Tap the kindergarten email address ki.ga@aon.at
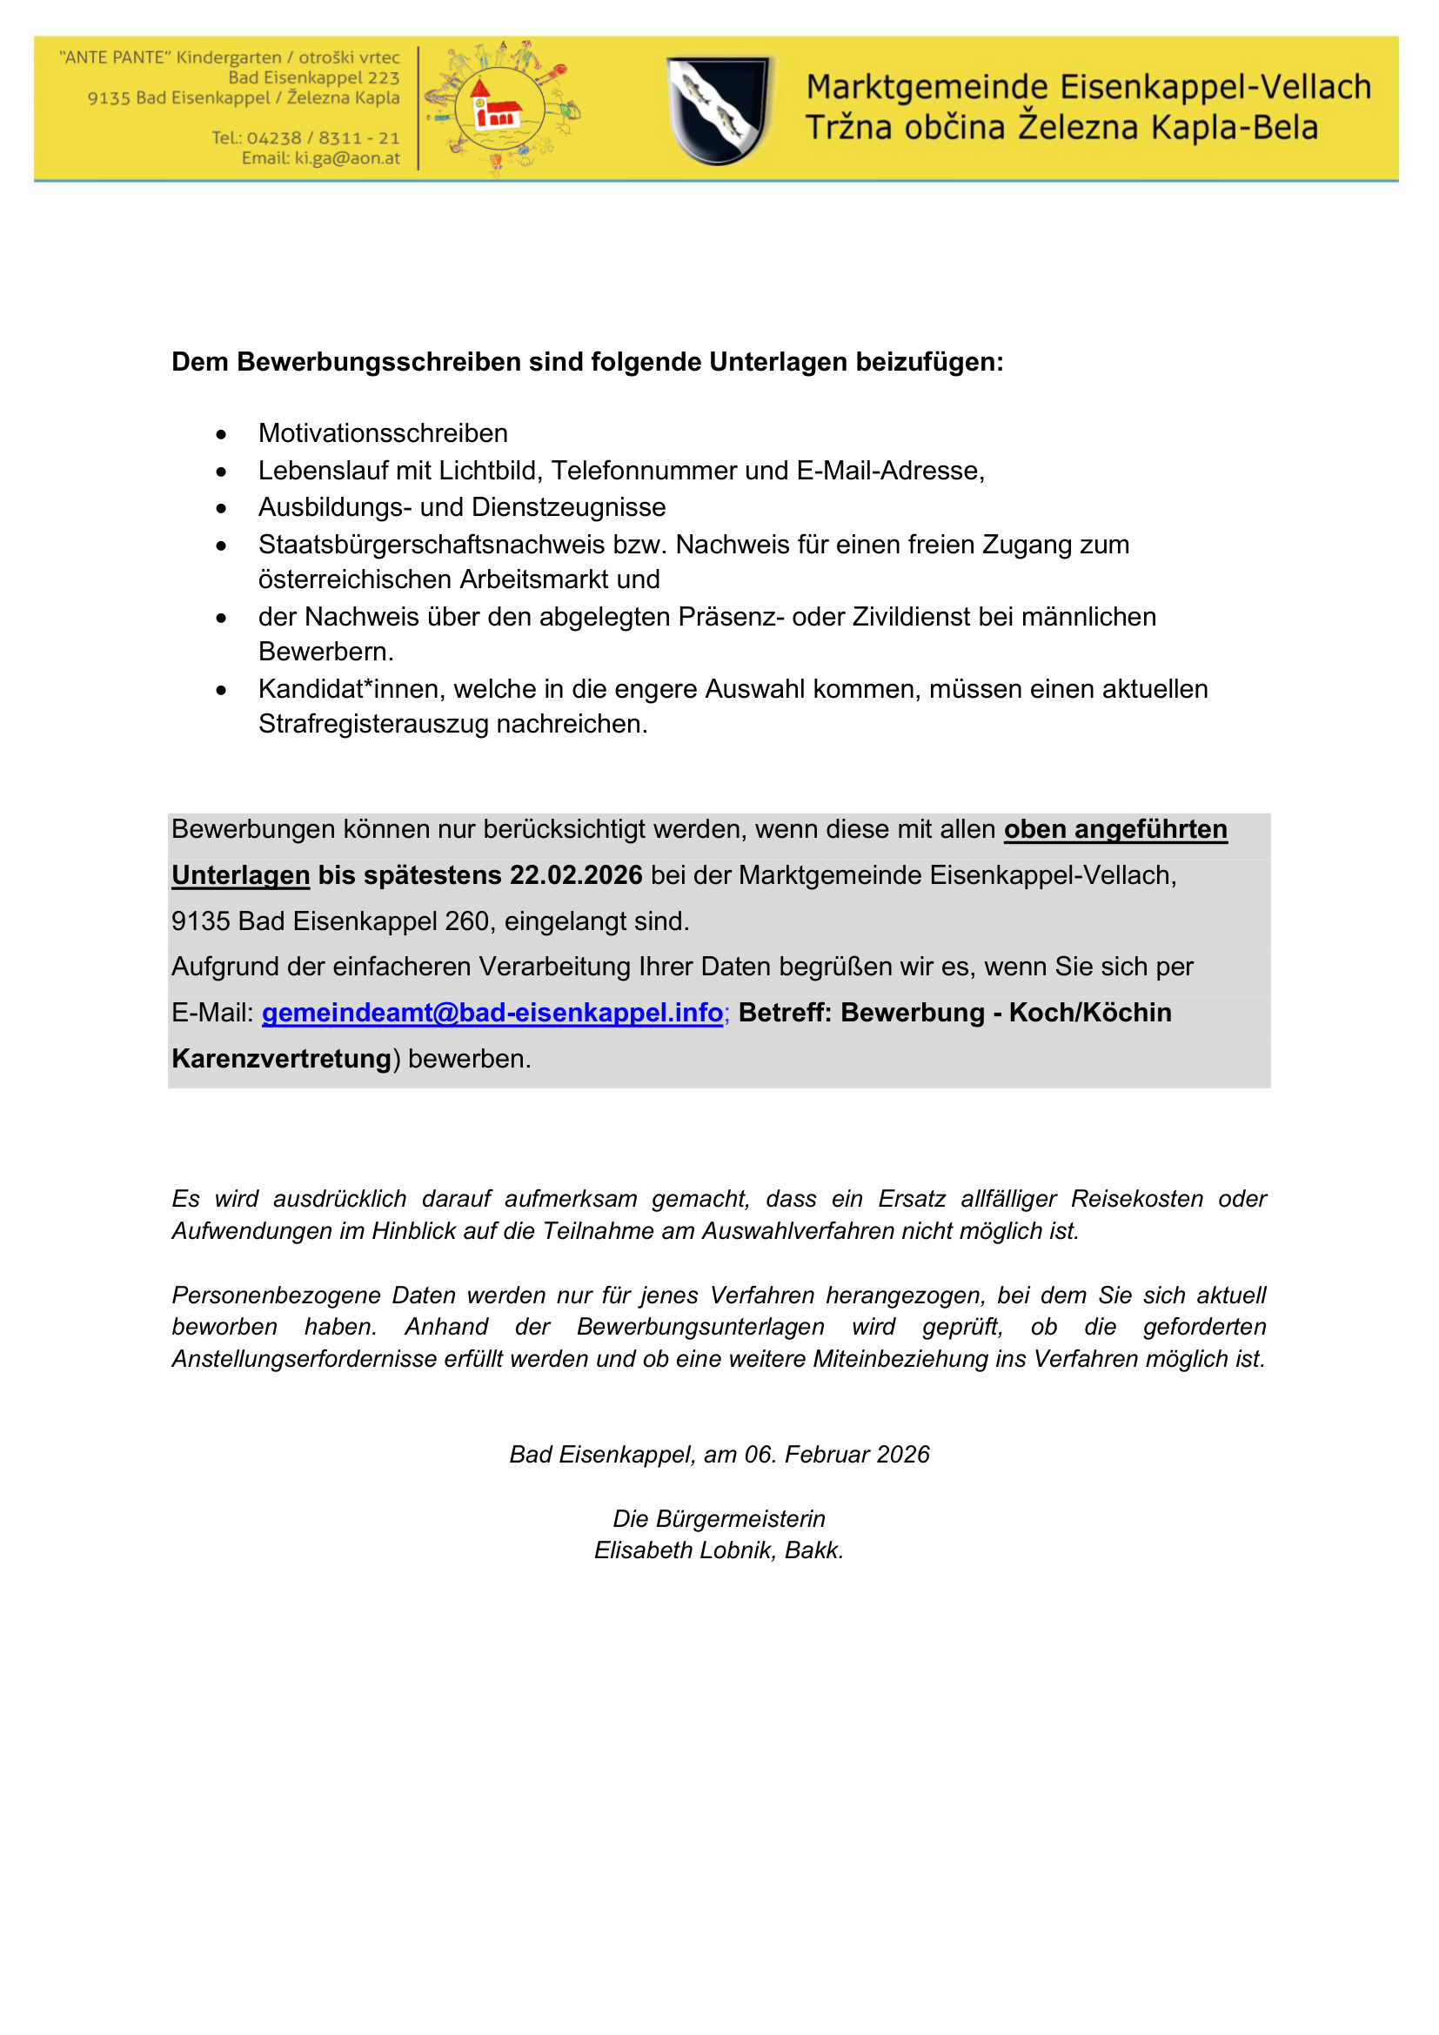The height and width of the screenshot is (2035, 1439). coord(346,158)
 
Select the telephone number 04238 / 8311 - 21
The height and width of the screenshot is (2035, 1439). coord(323,138)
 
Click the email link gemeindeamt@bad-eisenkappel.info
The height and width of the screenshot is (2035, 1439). coord(492,1012)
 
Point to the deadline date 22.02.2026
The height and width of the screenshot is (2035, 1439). coord(576,876)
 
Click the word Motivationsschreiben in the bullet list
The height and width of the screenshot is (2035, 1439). coord(383,433)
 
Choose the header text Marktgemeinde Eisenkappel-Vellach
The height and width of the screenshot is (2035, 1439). coord(1088,88)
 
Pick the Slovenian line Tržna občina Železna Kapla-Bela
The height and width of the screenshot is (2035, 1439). coord(1061,129)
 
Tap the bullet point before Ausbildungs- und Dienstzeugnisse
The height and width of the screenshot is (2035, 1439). coord(222,509)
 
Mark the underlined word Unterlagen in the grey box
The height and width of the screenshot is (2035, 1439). coord(240,876)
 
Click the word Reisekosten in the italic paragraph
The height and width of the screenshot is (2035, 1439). coord(1137,1199)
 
